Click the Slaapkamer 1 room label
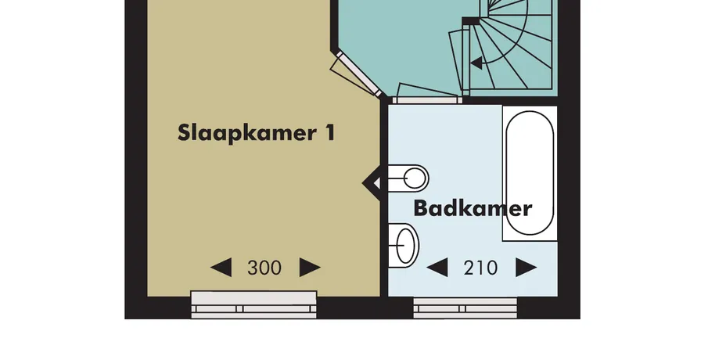(256, 133)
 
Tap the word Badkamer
(473, 208)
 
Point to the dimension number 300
(264, 268)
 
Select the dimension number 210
(480, 268)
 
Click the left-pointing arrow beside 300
(221, 268)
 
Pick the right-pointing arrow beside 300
(311, 268)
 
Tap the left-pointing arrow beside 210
(437, 268)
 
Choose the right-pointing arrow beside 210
(527, 268)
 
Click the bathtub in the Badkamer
(530, 173)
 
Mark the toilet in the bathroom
(408, 178)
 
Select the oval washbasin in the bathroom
(404, 245)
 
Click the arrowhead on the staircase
(476, 63)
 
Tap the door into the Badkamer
(427, 93)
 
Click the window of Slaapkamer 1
(253, 305)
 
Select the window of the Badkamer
(465, 308)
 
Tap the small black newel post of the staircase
(470, 22)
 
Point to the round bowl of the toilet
(415, 178)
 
